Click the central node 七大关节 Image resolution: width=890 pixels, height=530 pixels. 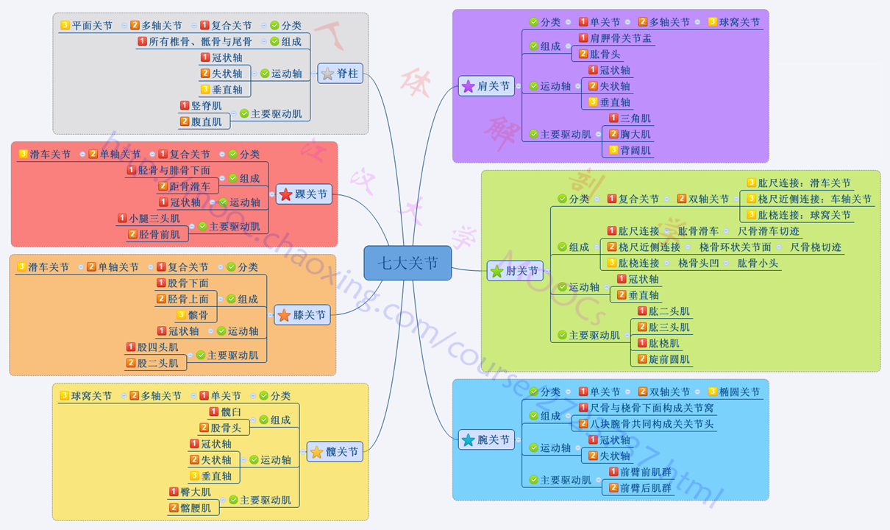pyautogui.click(x=407, y=263)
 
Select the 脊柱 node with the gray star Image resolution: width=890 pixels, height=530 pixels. pyautogui.click(x=340, y=74)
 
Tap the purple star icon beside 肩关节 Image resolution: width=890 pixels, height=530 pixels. pyautogui.click(x=468, y=87)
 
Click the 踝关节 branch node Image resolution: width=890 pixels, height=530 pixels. pyautogui.click(x=304, y=194)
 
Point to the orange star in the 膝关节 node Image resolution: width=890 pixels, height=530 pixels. pyautogui.click(x=284, y=316)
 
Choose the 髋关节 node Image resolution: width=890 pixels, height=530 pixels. pyautogui.click(x=335, y=452)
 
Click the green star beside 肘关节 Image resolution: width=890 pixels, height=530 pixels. pyautogui.click(x=497, y=272)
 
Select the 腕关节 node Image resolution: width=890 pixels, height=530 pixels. pyautogui.click(x=485, y=440)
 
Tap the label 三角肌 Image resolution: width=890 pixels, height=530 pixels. pyautogui.click(x=635, y=119)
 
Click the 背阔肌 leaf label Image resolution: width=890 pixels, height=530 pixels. pyautogui.click(x=635, y=150)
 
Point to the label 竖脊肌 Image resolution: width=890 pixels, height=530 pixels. pyautogui.click(x=206, y=106)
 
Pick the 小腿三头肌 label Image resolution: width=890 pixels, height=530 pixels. pyautogui.click(x=154, y=219)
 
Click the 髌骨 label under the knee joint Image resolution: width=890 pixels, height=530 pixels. pyautogui.click(x=198, y=315)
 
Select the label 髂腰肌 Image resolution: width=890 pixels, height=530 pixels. pyautogui.click(x=195, y=508)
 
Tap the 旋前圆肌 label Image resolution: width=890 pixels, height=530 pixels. pyautogui.click(x=669, y=359)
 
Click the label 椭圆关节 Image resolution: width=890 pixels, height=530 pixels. pyautogui.click(x=739, y=392)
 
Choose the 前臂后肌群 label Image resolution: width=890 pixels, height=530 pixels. pyautogui.click(x=645, y=488)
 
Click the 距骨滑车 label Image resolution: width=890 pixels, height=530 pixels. pyautogui.click(x=189, y=186)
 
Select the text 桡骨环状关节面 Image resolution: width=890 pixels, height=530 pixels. pyautogui.click(x=735, y=247)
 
